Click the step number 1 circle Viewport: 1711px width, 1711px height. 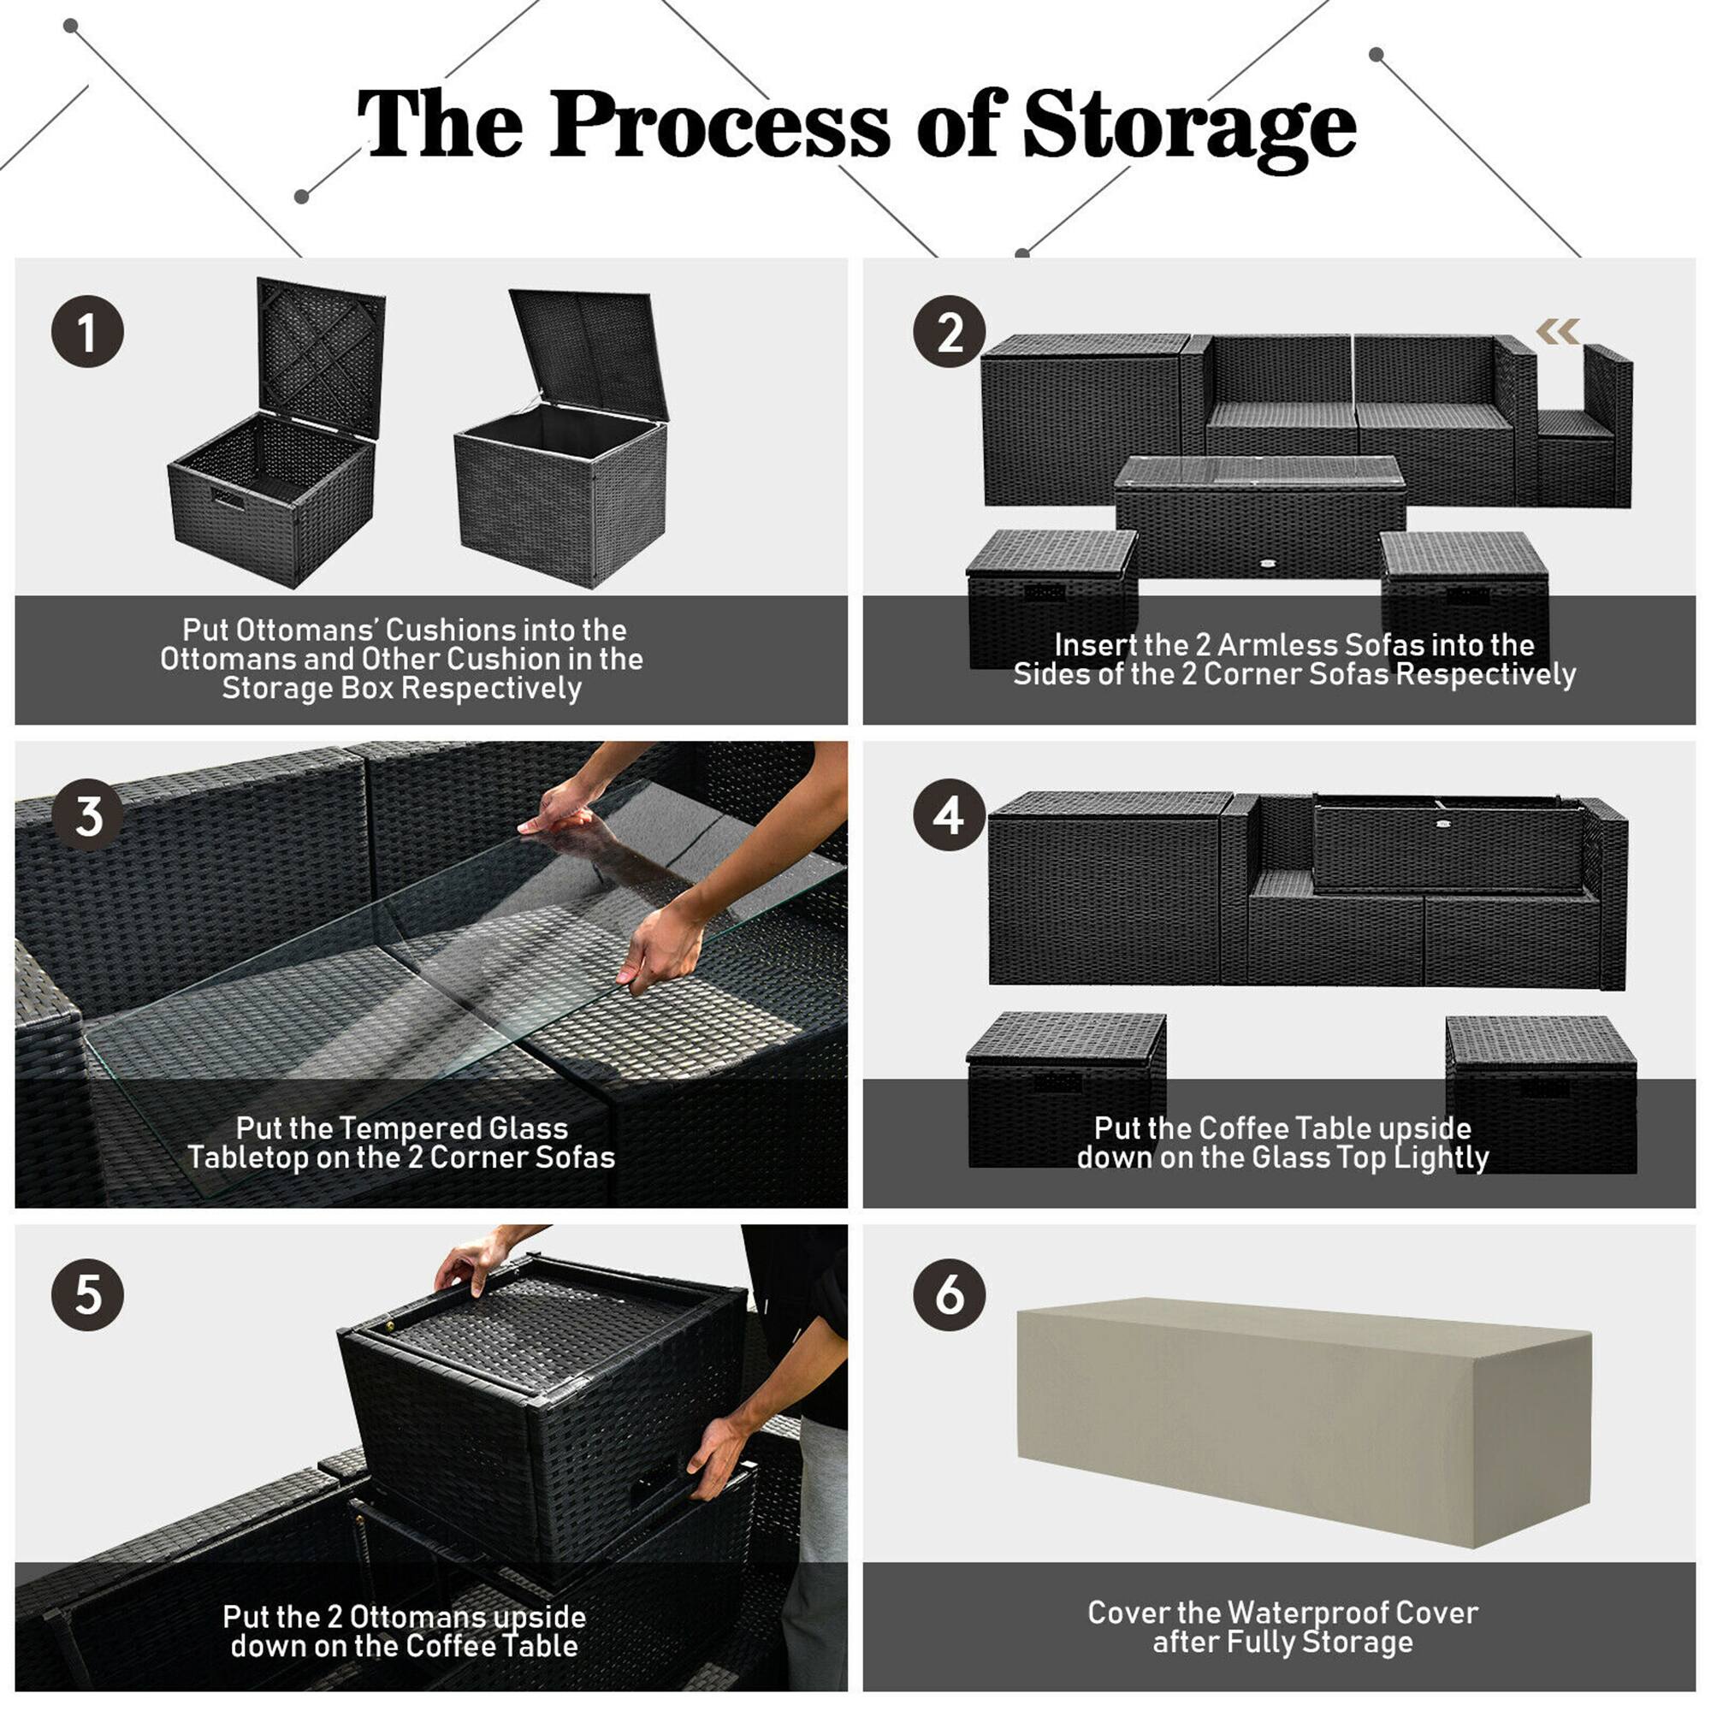click(x=86, y=332)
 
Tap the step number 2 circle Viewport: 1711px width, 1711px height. click(x=950, y=332)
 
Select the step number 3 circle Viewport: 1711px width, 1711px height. click(x=86, y=815)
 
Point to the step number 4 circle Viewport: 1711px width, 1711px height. click(x=950, y=815)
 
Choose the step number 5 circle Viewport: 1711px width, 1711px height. click(x=86, y=1294)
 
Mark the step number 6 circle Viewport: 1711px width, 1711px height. click(x=950, y=1294)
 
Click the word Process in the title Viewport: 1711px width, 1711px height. click(x=719, y=126)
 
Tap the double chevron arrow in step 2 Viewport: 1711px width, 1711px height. click(x=1558, y=331)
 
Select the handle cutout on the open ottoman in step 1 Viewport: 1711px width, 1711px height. click(x=228, y=498)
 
